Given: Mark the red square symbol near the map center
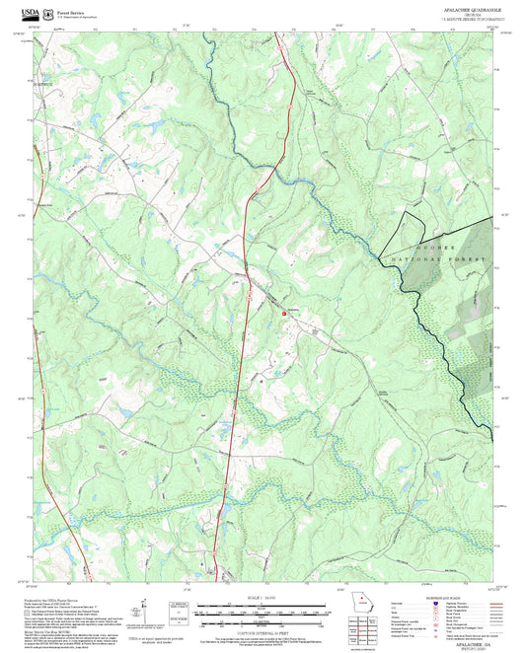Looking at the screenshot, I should [x=286, y=313].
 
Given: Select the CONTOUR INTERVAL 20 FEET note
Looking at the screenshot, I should [x=262, y=627].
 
